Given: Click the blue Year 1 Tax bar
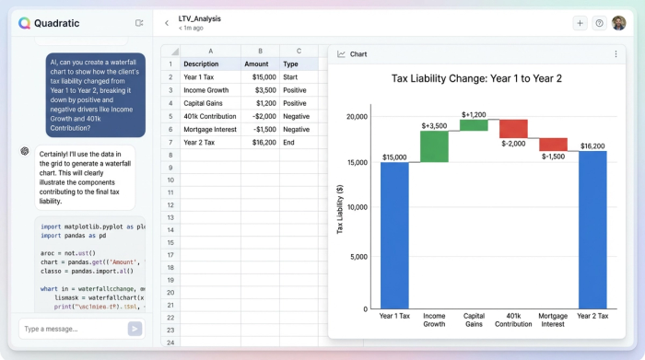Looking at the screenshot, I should click(x=394, y=235).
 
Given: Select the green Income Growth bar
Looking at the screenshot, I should click(x=434, y=146).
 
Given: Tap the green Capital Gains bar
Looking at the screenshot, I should click(x=474, y=125).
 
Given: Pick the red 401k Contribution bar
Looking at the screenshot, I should click(x=513, y=129).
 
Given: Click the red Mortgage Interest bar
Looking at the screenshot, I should click(x=553, y=145).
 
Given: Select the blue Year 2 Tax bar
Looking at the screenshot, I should click(x=592, y=229).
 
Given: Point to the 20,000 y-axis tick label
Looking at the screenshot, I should click(x=355, y=117).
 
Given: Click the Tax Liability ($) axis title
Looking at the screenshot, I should click(x=340, y=209).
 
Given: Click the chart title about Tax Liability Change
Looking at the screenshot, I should click(x=476, y=78).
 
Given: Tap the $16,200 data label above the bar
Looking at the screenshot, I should click(x=592, y=145).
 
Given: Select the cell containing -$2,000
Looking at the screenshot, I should click(x=256, y=116).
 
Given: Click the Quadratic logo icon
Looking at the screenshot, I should click(x=24, y=23).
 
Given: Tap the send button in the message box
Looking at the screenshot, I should click(x=135, y=328).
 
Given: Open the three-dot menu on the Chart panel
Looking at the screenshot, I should click(x=616, y=54).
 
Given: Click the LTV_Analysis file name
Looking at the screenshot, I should click(x=199, y=18).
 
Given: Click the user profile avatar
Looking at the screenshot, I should click(x=618, y=23).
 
